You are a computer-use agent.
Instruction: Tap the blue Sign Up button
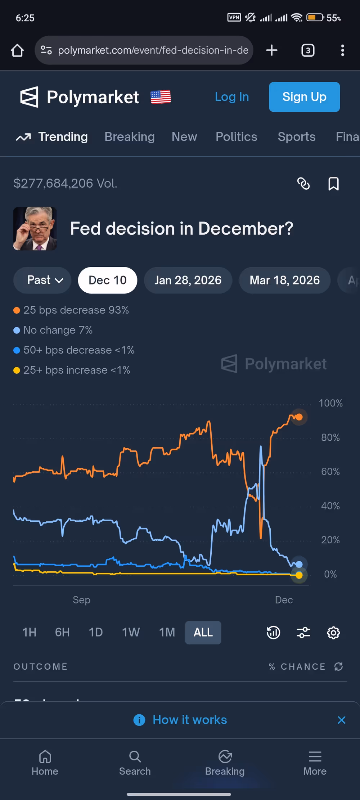pyautogui.click(x=304, y=97)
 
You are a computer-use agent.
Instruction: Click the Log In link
pyautogui.click(x=232, y=97)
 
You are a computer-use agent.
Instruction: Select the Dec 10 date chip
pyautogui.click(x=107, y=280)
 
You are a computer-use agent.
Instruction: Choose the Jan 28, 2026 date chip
pyautogui.click(x=188, y=280)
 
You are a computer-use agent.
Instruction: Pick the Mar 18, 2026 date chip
pyautogui.click(x=284, y=280)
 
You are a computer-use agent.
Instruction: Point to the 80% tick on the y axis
pyautogui.click(x=330, y=437)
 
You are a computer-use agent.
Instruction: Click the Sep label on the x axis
pyautogui.click(x=81, y=600)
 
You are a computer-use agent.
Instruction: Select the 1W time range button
pyautogui.click(x=131, y=632)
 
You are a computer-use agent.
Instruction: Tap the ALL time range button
pyautogui.click(x=203, y=632)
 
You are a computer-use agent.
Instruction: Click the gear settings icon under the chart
pyautogui.click(x=333, y=633)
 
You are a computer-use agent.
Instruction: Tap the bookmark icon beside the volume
pyautogui.click(x=333, y=184)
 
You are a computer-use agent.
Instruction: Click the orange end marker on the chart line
pyautogui.click(x=299, y=417)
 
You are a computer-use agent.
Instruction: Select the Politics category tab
pyautogui.click(x=236, y=137)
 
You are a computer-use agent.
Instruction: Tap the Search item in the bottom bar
pyautogui.click(x=135, y=763)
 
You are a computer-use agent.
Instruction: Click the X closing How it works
pyautogui.click(x=341, y=720)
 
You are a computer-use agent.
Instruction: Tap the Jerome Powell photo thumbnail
pyautogui.click(x=35, y=229)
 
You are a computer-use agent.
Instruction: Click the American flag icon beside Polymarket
pyautogui.click(x=161, y=97)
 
